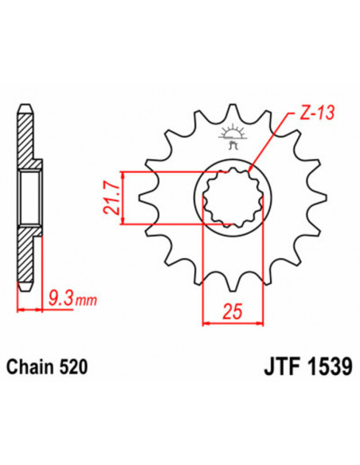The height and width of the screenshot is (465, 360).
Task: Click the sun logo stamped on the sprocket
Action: [x=232, y=131]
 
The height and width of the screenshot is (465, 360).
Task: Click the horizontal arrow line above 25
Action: [x=233, y=323]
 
